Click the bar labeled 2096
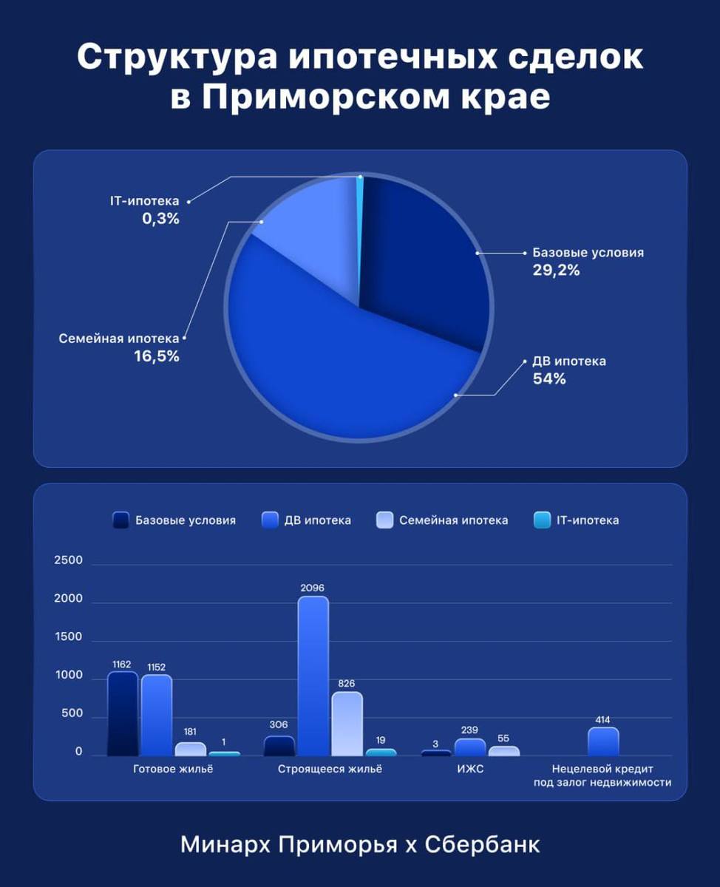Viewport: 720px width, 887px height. coord(313,676)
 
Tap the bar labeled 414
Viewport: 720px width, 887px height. coord(603,741)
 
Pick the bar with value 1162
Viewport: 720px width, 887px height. coord(123,713)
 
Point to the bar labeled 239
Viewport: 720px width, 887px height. coord(470,747)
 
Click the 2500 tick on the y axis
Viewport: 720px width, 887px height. coord(68,561)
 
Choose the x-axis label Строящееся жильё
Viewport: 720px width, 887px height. coord(330,769)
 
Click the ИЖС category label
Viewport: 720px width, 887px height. coord(471,769)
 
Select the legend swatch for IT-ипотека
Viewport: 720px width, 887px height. coord(542,520)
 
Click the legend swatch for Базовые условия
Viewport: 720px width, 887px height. coord(121,520)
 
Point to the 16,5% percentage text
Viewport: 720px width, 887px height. coord(157,356)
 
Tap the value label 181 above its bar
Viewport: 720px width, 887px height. coord(190,731)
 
